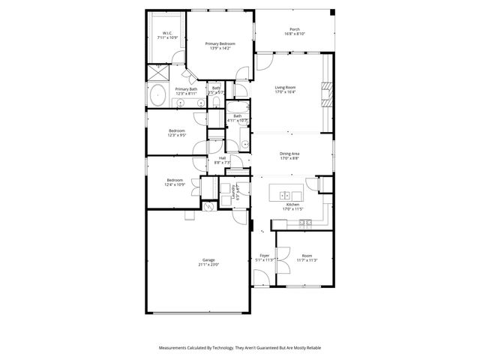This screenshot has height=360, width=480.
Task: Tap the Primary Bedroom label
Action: (x=220, y=43)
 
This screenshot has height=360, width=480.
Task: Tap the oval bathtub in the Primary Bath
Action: (x=158, y=96)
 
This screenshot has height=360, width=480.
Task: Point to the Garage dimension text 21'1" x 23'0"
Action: (x=208, y=265)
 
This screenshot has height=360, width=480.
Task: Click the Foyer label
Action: (x=264, y=256)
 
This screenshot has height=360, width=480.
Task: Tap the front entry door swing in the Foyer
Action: (x=260, y=278)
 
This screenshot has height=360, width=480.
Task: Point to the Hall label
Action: (x=222, y=157)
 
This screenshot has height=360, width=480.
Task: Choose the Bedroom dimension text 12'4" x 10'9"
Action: (x=175, y=184)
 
